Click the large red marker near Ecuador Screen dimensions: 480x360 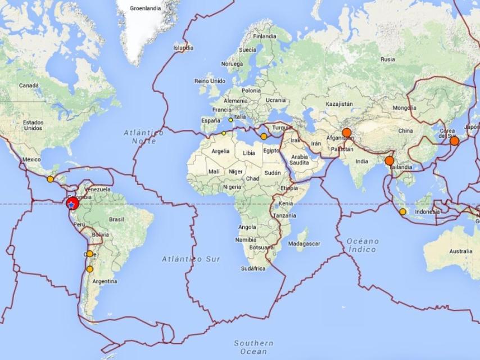pos(72,204)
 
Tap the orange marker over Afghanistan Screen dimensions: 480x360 pos(346,133)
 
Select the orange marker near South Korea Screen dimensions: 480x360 pos(454,141)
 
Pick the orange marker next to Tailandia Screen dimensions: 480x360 pos(389,161)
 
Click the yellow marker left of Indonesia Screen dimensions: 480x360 pos(402,211)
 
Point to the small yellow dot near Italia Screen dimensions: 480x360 pos(230,120)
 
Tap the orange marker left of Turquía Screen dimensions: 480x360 pos(264,136)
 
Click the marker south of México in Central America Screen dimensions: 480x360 pos(50,179)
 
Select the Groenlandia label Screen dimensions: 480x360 pos(145,8)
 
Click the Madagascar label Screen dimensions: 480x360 pos(304,244)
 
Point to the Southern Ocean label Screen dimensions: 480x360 pos(253,347)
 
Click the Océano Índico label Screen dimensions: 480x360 pos(363,245)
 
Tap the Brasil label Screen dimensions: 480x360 pos(116,219)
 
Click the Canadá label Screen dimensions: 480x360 pos(29,85)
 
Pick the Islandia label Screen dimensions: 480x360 pos(183,48)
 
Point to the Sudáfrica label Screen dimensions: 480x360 pos(253,268)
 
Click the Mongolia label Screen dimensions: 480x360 pos(405,107)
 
